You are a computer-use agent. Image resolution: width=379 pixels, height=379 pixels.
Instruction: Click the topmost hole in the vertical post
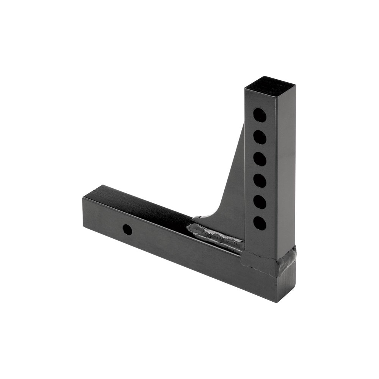click(x=260, y=115)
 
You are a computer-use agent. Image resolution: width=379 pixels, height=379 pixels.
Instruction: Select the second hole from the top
click(x=260, y=137)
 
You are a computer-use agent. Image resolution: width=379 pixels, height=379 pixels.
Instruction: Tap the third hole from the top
click(x=260, y=159)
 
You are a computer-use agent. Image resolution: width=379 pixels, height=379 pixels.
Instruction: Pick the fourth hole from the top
click(x=260, y=180)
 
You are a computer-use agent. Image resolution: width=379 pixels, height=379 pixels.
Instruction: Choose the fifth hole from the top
click(x=260, y=202)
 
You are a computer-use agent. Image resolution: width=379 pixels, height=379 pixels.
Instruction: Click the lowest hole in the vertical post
click(x=260, y=223)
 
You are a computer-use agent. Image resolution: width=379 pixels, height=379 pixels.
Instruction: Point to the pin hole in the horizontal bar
click(x=127, y=230)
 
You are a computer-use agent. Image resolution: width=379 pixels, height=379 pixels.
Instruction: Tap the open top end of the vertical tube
click(x=270, y=83)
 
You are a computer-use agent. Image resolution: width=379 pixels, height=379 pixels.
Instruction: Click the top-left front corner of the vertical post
click(x=246, y=89)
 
